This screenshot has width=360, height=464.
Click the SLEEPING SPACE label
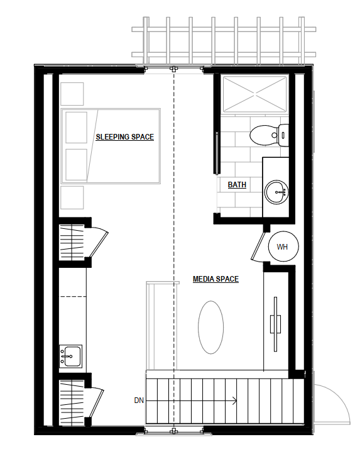[x=124, y=136]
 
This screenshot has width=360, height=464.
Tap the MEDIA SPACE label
[x=215, y=279]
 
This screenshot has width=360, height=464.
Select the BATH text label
[x=237, y=185]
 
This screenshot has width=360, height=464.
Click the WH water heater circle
[x=282, y=246]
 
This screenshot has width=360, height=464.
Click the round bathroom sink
[x=276, y=191]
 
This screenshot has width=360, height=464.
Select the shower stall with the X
[x=254, y=94]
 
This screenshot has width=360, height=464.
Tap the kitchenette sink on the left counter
[x=70, y=356]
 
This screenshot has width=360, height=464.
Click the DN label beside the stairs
[x=139, y=400]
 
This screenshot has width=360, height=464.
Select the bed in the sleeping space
[x=111, y=146]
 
